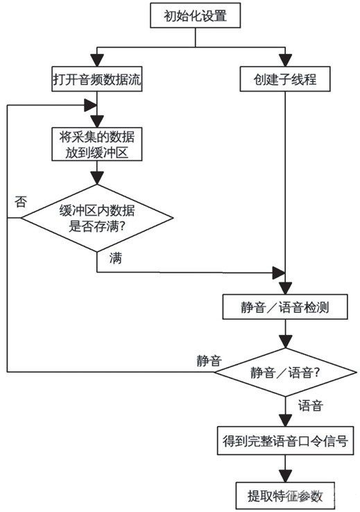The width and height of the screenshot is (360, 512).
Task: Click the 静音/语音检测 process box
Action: pyautogui.click(x=284, y=307)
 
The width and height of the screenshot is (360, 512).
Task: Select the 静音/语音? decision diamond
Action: pyautogui.click(x=284, y=372)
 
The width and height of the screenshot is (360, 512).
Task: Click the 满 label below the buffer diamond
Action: pyautogui.click(x=117, y=259)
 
